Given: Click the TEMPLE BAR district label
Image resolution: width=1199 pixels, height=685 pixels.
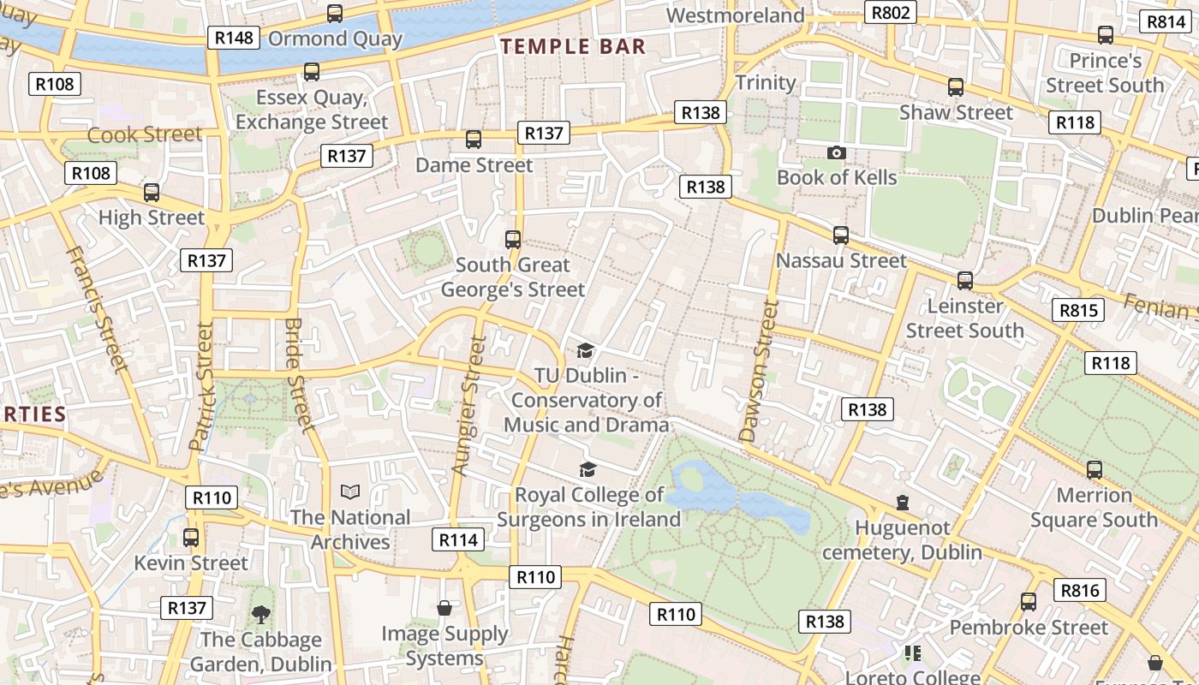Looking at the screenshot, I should tap(573, 46).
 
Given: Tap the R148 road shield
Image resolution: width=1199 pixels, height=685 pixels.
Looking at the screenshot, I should tap(234, 38).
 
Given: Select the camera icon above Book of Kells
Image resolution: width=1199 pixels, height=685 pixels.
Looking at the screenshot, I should tap(837, 152).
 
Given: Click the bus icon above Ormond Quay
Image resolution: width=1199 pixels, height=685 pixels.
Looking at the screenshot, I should tap(335, 14).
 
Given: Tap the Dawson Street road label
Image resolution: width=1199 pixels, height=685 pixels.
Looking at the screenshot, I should tap(760, 372).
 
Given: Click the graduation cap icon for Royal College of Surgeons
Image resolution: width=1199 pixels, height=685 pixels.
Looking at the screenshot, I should tap(588, 469).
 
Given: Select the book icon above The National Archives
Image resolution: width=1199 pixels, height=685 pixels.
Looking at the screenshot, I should tap(350, 491).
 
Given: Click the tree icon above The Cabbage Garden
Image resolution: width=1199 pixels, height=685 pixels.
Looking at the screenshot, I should tap(260, 614).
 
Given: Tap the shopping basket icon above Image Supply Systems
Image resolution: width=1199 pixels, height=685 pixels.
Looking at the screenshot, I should tap(444, 608).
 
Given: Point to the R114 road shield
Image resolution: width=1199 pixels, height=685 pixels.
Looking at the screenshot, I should tap(459, 539).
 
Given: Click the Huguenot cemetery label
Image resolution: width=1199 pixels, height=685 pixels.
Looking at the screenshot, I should tap(902, 540).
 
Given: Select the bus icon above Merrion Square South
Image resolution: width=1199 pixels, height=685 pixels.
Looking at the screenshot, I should tap(1095, 469).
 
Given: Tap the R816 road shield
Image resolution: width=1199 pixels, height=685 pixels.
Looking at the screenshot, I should tap(1080, 590).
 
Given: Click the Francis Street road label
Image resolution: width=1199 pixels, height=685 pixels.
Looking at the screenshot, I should tap(106, 309).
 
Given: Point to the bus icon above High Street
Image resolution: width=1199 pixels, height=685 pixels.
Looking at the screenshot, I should tap(152, 193).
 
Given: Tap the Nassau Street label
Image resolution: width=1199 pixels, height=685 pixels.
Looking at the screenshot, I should tap(840, 260).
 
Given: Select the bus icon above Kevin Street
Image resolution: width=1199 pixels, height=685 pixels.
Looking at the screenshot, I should tap(191, 538).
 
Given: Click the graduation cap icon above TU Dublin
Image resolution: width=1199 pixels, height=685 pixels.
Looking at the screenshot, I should tap(586, 350).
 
